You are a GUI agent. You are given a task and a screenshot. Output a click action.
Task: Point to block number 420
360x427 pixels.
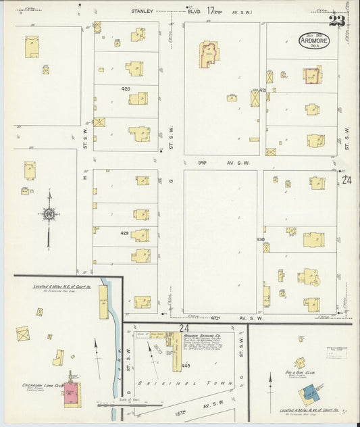(x=125, y=89)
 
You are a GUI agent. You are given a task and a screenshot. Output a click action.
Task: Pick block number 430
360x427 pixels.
(x=260, y=240)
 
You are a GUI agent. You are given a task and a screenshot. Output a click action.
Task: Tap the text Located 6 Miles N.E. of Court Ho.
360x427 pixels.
(x=62, y=286)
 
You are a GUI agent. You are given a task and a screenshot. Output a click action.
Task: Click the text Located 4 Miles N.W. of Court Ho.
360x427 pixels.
(x=307, y=409)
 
